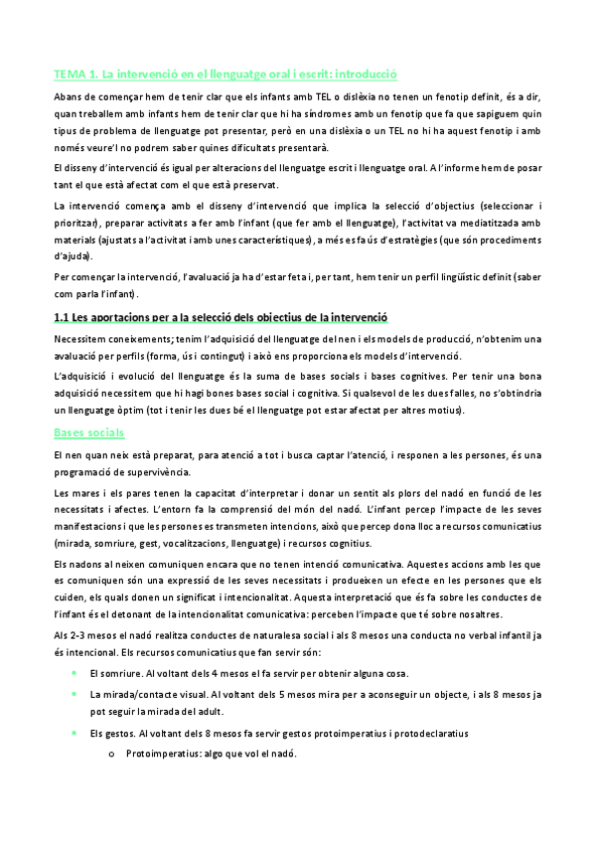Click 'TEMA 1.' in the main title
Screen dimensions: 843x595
[76, 74]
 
